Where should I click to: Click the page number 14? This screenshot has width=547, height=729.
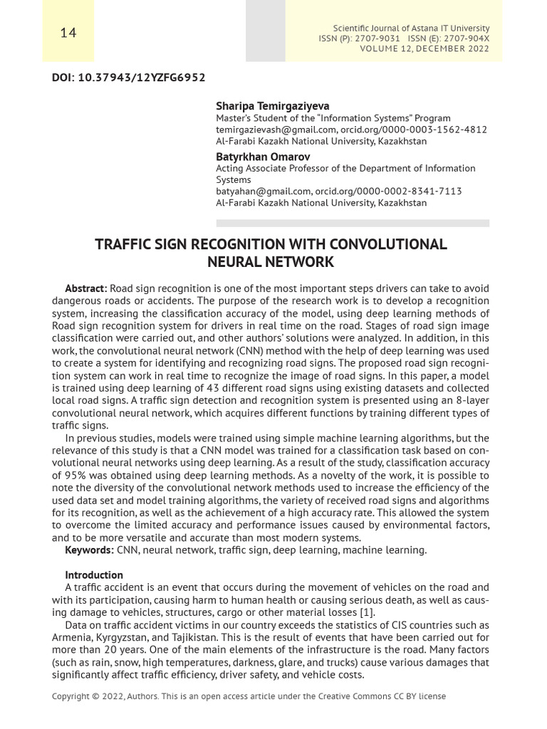tap(68, 33)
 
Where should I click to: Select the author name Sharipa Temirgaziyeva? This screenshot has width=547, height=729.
tap(263, 106)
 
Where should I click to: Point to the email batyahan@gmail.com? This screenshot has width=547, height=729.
tap(264, 191)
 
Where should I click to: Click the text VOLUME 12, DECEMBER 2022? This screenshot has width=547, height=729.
tap(424, 48)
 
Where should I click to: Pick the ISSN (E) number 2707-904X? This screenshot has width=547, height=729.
tap(462, 38)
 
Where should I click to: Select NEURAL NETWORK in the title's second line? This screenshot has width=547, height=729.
tap(271, 262)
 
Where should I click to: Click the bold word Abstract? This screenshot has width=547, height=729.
tap(85, 288)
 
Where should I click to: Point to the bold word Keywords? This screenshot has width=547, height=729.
tap(89, 550)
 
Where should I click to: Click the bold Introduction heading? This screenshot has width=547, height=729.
tap(94, 575)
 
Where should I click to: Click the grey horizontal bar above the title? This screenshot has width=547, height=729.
tap(353, 223)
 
